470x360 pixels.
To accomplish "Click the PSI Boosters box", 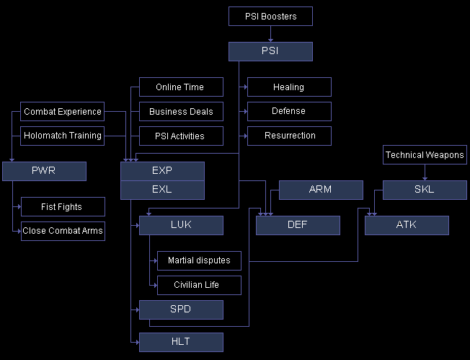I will point(270,16).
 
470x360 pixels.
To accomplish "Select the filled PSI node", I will point(270,51).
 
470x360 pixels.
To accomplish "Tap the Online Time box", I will point(181,87).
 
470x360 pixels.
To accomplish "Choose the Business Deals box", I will point(181,112).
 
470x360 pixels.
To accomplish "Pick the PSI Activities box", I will point(181,136).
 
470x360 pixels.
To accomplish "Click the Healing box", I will point(289,87).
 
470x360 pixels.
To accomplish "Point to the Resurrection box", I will point(289,136).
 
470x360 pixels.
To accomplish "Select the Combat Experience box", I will point(62,112).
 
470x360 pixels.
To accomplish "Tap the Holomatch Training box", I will point(62,136).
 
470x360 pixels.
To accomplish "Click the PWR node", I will point(44,171).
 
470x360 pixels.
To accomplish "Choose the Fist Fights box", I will point(63,207).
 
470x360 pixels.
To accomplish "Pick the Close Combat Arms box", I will point(63,232).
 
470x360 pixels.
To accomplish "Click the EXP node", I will point(162,171).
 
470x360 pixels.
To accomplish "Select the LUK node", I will point(181,226).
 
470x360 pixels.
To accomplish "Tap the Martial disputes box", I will point(199,260).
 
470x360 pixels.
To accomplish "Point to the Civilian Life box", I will point(199,285).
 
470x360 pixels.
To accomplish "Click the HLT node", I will point(181,342).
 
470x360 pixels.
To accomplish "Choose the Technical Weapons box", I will point(425,154).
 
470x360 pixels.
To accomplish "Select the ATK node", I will point(407,226).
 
